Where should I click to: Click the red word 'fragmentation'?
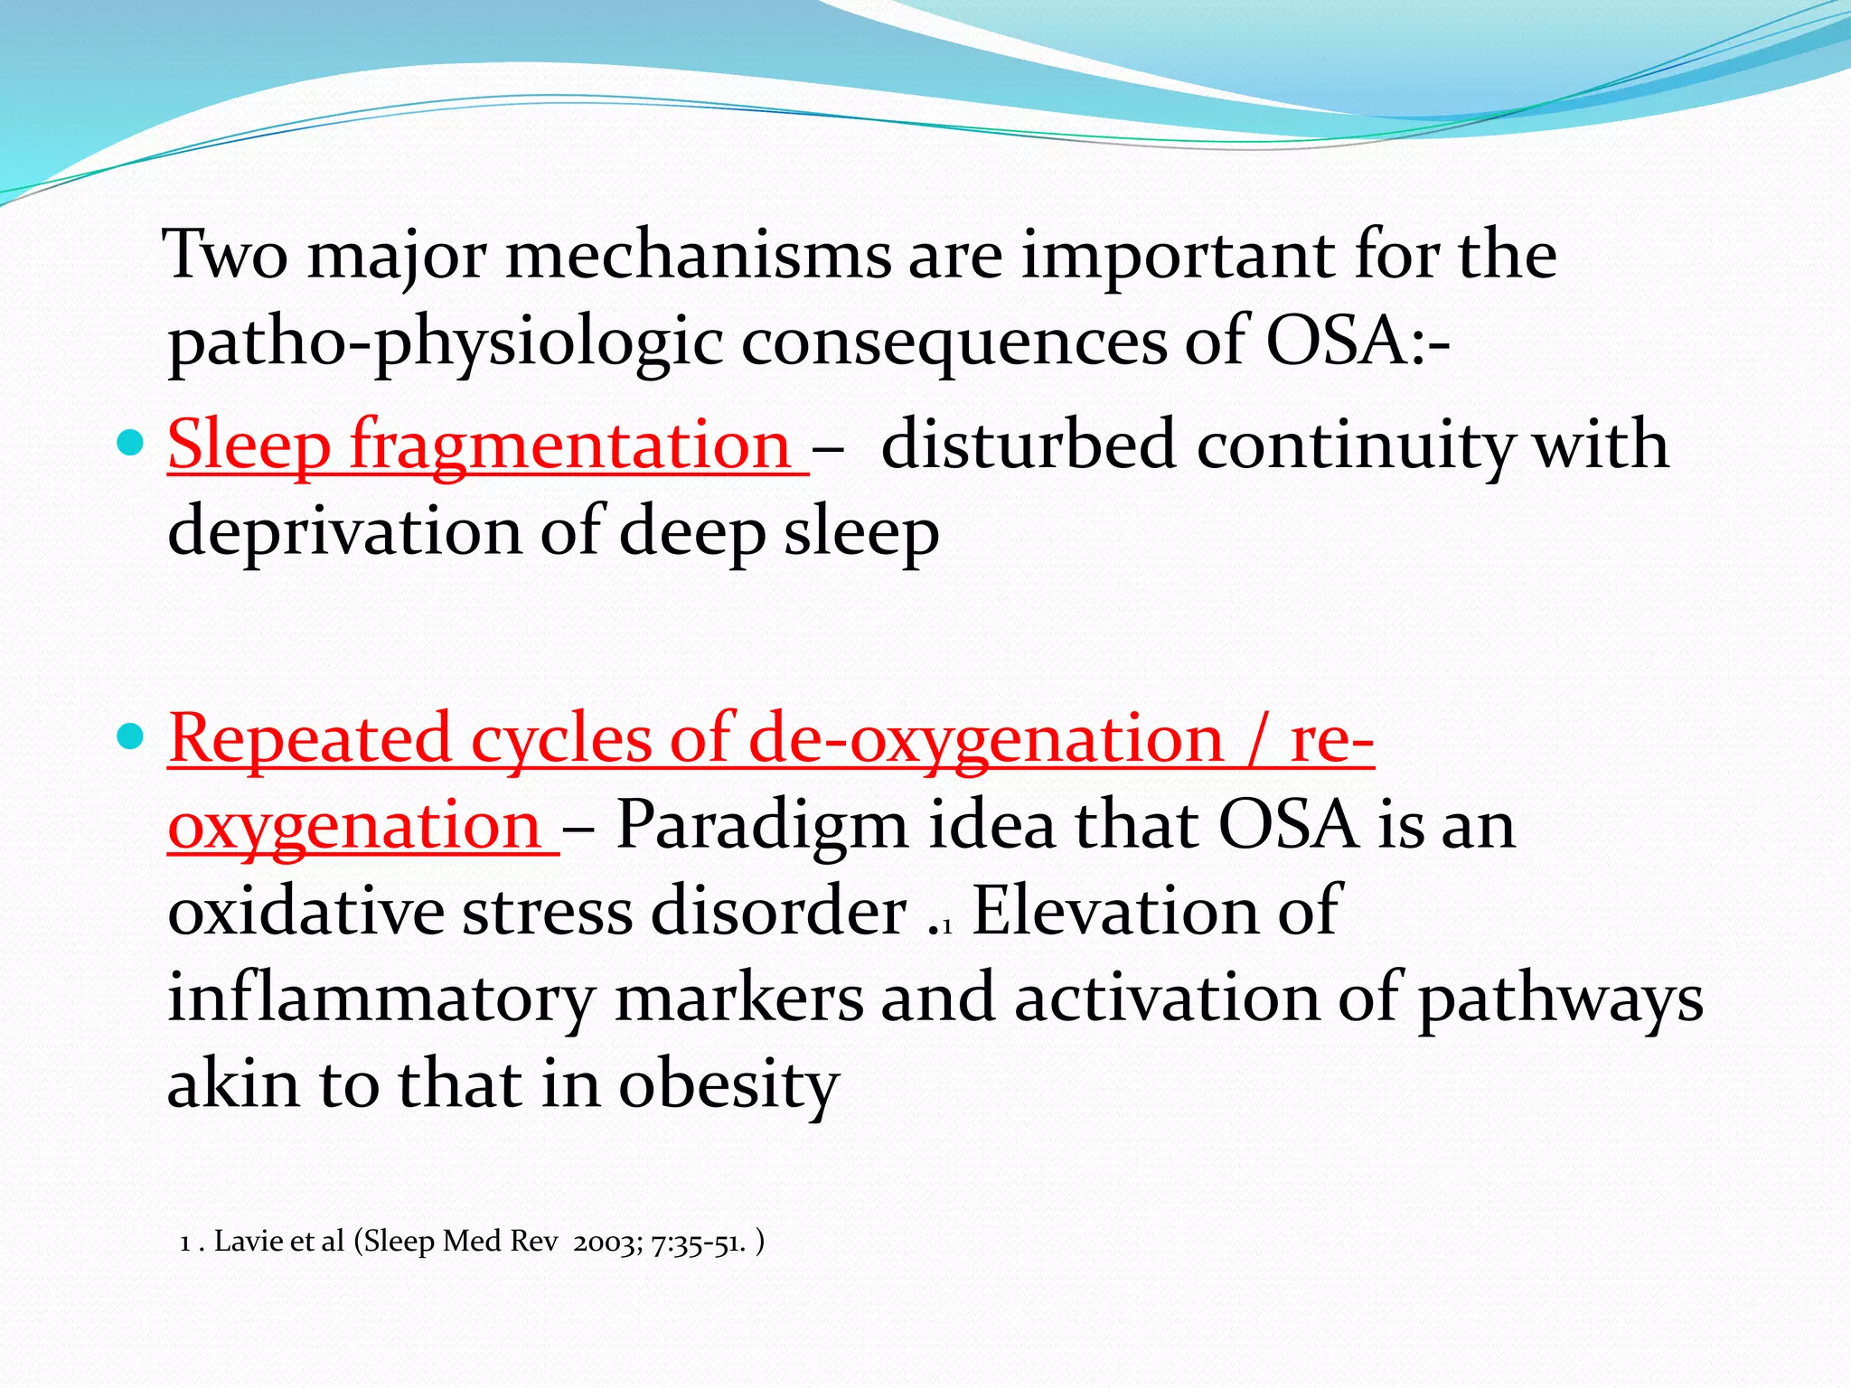[x=571, y=445]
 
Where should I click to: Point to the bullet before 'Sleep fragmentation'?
[x=131, y=443]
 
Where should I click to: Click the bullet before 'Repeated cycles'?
[x=131, y=737]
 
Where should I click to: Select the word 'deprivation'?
[x=343, y=531]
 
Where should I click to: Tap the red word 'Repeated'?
[x=309, y=738]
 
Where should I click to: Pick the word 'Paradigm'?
[x=761, y=825]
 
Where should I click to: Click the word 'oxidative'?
[x=305, y=911]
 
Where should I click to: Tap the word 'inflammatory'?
[x=381, y=999]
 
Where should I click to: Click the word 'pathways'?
[x=1560, y=999]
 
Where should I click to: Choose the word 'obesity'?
[x=728, y=1084]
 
